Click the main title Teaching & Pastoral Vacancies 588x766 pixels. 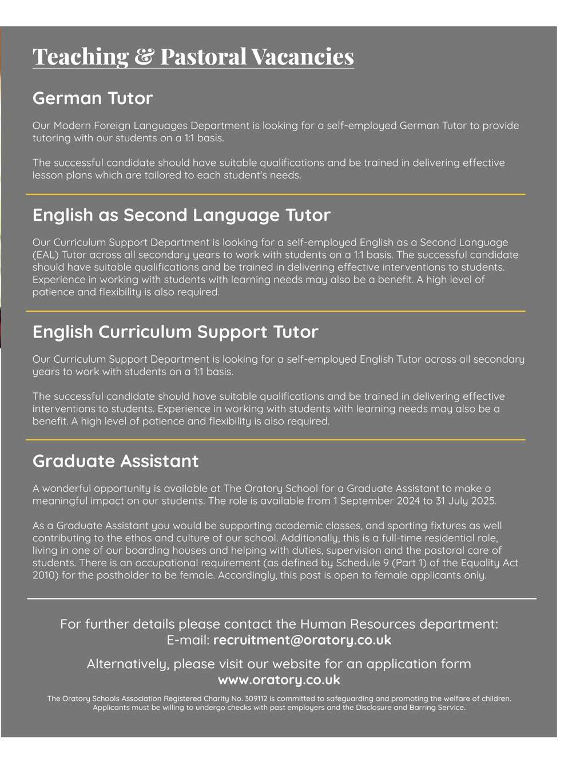[193, 56]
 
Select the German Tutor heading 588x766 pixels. [93, 98]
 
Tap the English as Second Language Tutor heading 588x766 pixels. [181, 215]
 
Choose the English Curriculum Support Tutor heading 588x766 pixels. [175, 332]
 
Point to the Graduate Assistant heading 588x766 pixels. [116, 461]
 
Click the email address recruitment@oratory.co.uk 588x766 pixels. [302, 640]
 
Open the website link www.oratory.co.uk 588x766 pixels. [279, 680]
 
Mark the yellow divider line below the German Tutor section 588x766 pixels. [275, 195]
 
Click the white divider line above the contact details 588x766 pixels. [281, 598]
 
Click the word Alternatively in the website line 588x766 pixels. [128, 664]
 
